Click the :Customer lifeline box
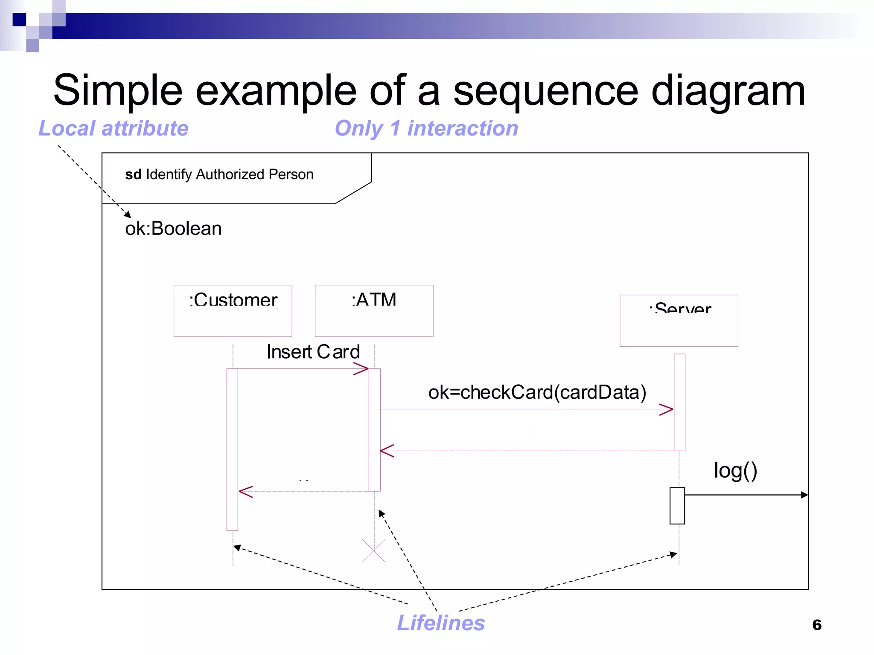click(233, 310)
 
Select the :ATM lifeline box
click(374, 310)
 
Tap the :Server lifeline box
click(679, 320)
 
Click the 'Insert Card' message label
click(313, 352)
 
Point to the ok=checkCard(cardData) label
click(537, 392)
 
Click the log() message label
click(735, 471)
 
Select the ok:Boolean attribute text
click(173, 229)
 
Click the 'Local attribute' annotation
click(114, 128)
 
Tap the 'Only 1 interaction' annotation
click(426, 128)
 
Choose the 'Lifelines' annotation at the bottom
click(441, 623)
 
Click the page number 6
click(817, 625)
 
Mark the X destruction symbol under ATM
click(373, 551)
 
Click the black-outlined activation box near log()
click(677, 506)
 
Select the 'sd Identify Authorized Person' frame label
click(219, 174)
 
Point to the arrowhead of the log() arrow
click(804, 495)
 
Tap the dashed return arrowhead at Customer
click(245, 492)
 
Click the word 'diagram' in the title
click(728, 91)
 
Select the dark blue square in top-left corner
click(19, 20)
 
